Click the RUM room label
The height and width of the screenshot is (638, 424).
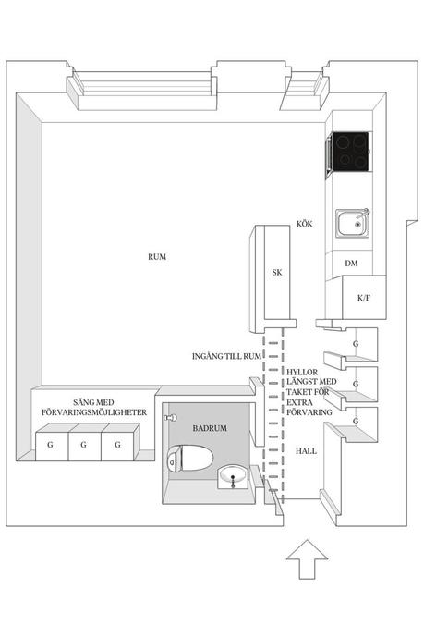[x=157, y=257]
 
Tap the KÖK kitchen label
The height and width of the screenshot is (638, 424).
[x=305, y=224]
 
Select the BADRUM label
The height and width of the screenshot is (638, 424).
[x=210, y=428]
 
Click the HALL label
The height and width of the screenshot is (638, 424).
[x=306, y=451]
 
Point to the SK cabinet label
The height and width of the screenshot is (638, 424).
[x=277, y=272]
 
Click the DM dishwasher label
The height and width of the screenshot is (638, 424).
[x=351, y=264]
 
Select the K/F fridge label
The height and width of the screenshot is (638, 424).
[x=364, y=298]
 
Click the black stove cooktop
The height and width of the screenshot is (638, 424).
[x=350, y=151]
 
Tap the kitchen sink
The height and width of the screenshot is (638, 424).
[x=353, y=223]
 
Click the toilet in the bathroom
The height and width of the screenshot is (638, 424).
[x=190, y=459]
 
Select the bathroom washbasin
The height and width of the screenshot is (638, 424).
[x=233, y=477]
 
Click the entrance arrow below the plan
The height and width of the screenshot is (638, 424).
[x=307, y=559]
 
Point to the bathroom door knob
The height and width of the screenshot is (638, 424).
[x=170, y=418]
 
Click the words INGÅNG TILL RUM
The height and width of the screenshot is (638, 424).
[x=226, y=356]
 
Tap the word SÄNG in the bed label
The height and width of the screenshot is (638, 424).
[x=83, y=402]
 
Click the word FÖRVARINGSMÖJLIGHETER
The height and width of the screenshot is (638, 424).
[x=94, y=412]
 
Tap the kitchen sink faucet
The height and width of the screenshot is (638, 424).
[x=365, y=214]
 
